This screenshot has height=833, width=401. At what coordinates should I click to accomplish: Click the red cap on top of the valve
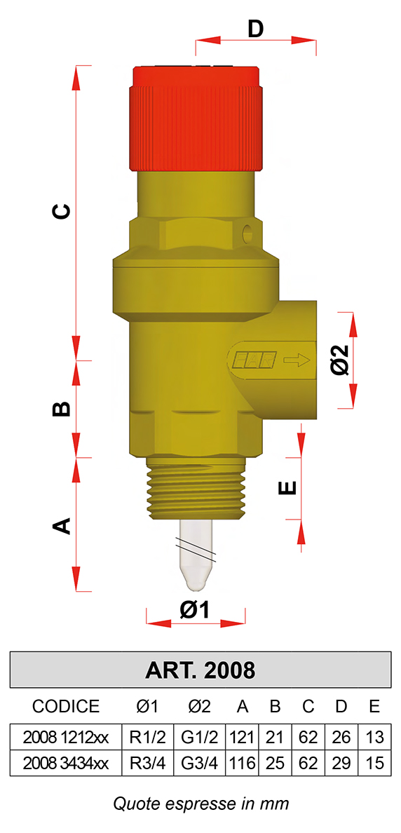point(196,118)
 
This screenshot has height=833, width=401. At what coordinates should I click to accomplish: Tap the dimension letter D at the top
point(256,29)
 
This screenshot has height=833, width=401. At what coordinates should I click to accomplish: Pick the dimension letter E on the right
point(287,488)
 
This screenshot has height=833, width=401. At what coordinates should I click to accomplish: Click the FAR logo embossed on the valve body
point(253,360)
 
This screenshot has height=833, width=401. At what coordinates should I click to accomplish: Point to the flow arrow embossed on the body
point(297,360)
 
